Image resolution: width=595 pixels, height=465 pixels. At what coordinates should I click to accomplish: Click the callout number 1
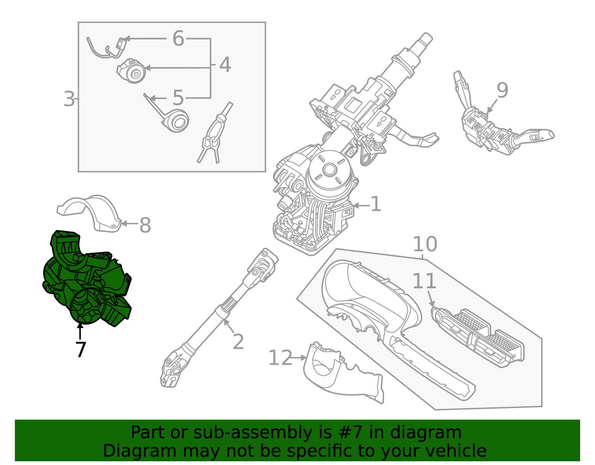click(376, 204)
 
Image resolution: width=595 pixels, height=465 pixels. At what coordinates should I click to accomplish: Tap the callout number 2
click(238, 342)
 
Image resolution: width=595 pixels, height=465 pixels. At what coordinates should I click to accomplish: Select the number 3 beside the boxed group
click(69, 99)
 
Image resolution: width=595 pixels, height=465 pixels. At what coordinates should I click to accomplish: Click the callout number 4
click(225, 65)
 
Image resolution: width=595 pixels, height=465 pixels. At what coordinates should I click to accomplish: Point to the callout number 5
click(178, 98)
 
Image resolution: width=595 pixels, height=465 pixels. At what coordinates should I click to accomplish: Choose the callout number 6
click(178, 38)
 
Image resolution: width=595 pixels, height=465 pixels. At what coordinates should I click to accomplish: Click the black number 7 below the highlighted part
click(80, 350)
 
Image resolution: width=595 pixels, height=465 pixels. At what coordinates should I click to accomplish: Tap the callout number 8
click(145, 225)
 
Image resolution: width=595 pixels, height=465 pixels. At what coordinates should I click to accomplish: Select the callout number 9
click(502, 90)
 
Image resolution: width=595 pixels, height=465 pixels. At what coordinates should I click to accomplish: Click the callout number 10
click(425, 244)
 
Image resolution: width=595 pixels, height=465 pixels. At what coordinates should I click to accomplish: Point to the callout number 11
click(424, 281)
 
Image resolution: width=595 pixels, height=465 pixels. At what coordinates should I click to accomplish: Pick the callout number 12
click(280, 358)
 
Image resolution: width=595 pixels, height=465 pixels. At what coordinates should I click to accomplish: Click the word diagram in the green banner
click(433, 433)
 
